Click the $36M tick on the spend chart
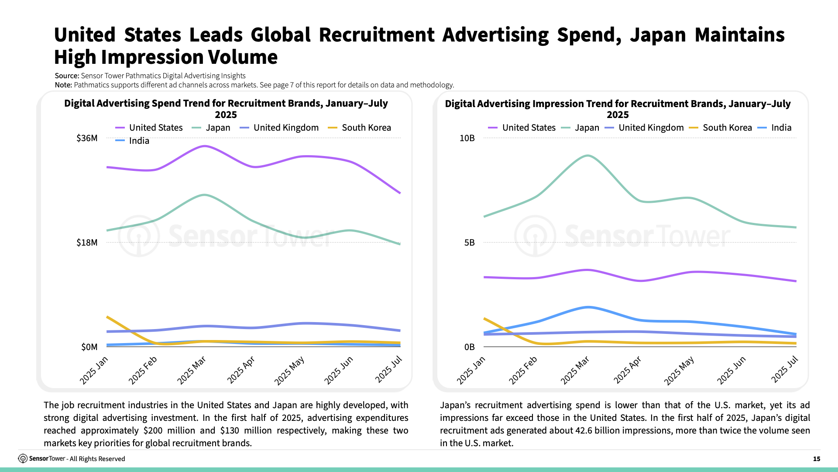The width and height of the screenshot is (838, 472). click(87, 139)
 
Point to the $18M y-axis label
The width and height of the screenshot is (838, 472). click(87, 243)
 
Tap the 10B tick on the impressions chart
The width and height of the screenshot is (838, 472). click(467, 139)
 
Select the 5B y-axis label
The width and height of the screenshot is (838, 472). click(469, 243)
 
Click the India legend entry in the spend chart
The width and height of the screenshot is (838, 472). click(139, 141)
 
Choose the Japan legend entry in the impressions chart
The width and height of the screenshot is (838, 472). click(587, 128)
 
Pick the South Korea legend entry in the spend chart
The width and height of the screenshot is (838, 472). click(366, 128)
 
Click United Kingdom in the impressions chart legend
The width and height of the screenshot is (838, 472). click(651, 128)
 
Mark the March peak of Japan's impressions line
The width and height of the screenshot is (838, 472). click(588, 156)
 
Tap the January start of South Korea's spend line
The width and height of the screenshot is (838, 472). click(107, 317)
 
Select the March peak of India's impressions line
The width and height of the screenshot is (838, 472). click(588, 307)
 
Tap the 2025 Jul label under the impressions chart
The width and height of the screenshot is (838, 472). click(785, 370)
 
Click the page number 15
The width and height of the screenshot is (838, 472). click(817, 459)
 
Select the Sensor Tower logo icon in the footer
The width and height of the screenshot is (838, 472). click(23, 458)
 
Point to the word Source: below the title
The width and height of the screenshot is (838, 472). click(67, 76)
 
